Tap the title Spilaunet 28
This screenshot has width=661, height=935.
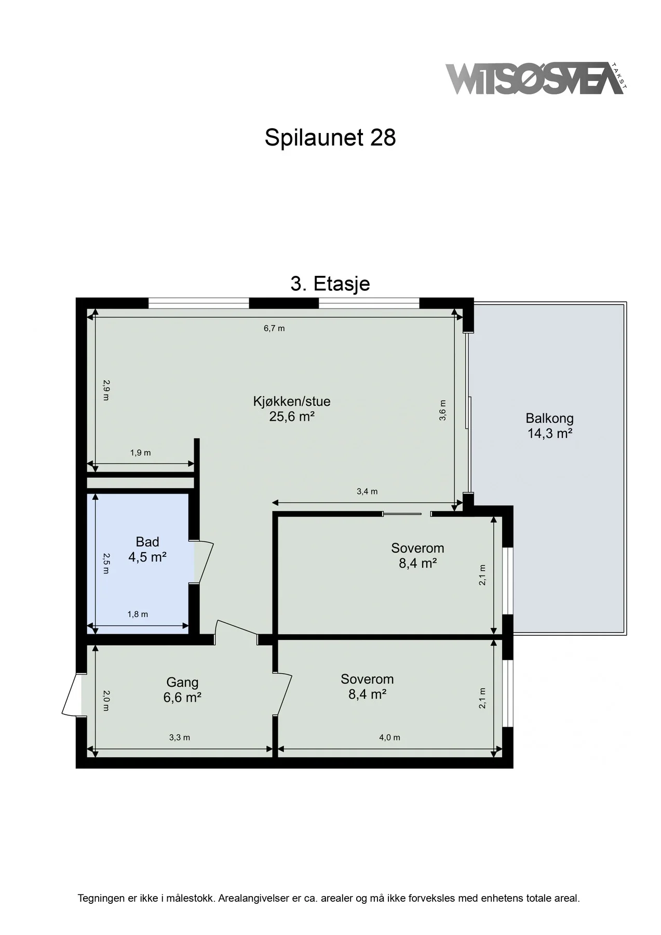click(x=330, y=138)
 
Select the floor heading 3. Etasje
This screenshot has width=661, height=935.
click(x=330, y=284)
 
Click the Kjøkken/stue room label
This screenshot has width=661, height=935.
click(x=292, y=401)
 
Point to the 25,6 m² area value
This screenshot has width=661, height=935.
click(x=292, y=416)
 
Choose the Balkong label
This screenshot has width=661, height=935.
click(x=549, y=418)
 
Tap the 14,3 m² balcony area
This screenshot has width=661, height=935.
click(x=550, y=433)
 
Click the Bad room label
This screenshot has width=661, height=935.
click(x=147, y=542)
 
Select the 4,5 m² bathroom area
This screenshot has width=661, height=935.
click(x=147, y=557)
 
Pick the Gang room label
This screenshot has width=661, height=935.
click(x=182, y=683)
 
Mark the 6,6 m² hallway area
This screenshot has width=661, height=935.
click(x=182, y=697)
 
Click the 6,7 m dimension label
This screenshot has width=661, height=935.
click(x=274, y=328)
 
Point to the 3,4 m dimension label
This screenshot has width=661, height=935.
click(x=367, y=491)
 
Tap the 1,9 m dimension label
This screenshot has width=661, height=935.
click(x=140, y=452)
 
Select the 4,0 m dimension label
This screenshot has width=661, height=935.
click(x=389, y=737)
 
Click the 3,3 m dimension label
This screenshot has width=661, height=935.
click(x=180, y=737)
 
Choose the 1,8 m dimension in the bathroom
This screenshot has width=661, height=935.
click(x=138, y=614)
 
